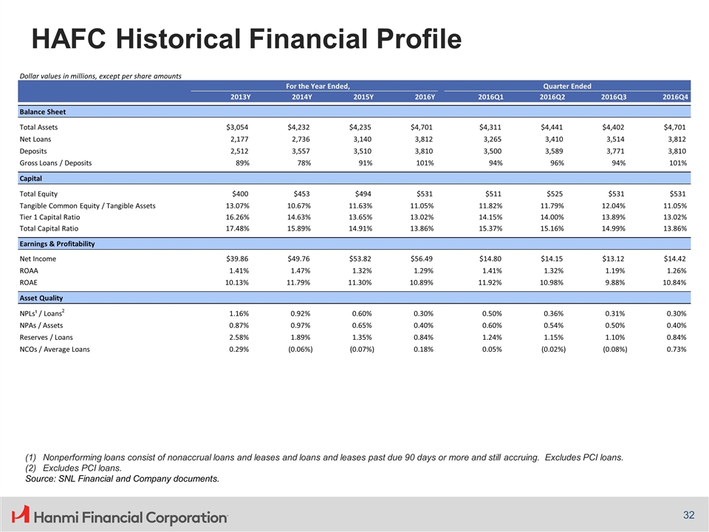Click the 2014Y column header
click(x=302, y=97)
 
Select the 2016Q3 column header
click(x=614, y=97)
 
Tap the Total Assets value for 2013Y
click(x=237, y=128)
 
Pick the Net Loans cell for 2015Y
click(x=362, y=140)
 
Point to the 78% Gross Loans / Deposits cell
click(x=304, y=163)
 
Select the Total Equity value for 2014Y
click(x=301, y=194)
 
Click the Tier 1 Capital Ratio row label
click(x=49, y=217)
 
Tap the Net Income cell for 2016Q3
click(x=613, y=259)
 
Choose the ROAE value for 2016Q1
click(x=490, y=283)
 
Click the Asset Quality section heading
click(x=41, y=298)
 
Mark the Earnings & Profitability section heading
click(x=57, y=244)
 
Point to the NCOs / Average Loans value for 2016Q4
click(x=677, y=349)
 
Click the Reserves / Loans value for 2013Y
click(x=239, y=338)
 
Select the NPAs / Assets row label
click(x=41, y=325)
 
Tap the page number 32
click(x=688, y=515)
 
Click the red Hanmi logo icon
click(x=21, y=515)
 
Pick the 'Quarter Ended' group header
click(x=567, y=86)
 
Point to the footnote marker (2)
click(x=31, y=468)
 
